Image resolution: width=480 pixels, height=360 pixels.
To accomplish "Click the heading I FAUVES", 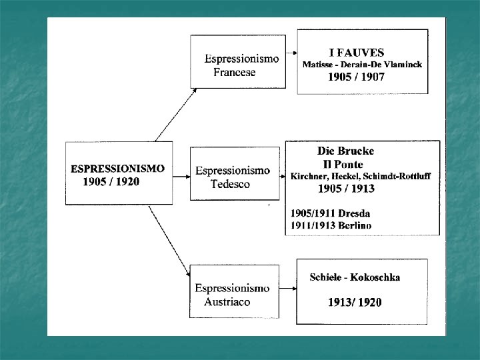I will click(357, 52).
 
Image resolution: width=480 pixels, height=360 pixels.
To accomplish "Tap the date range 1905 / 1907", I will click(356, 77).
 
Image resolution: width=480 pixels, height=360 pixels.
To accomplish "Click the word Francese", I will click(235, 72).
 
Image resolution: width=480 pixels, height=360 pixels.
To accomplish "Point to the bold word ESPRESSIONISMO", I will click(118, 169).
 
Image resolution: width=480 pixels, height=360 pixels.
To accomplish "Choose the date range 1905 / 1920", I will click(111, 181).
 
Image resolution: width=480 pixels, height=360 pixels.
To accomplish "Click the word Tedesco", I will click(230, 183).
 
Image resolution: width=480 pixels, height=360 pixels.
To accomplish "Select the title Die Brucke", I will click(346, 151).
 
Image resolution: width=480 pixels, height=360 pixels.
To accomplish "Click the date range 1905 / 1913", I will click(346, 189).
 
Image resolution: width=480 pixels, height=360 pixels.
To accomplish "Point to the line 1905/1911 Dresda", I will click(330, 213).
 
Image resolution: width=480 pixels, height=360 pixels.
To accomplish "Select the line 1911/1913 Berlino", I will click(331, 226).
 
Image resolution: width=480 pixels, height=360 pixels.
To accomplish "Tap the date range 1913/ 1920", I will click(355, 302).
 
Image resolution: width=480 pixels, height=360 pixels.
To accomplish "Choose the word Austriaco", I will click(227, 302).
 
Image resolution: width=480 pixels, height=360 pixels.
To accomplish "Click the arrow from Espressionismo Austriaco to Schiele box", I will click(288, 288).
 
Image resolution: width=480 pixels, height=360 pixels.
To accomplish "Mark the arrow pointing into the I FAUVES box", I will click(291, 52).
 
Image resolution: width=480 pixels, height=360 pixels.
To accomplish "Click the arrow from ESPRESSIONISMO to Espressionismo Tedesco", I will click(181, 177).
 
